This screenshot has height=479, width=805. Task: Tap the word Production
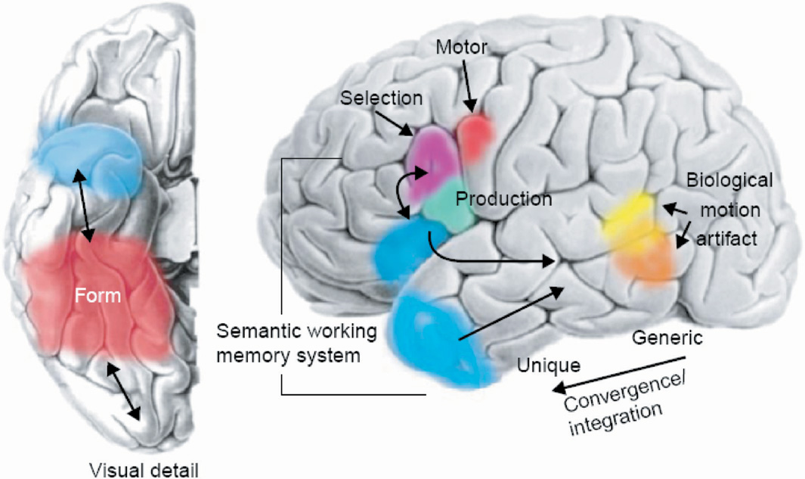504,199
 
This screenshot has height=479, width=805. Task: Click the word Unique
548,365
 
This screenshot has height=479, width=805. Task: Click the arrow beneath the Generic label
620,371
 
